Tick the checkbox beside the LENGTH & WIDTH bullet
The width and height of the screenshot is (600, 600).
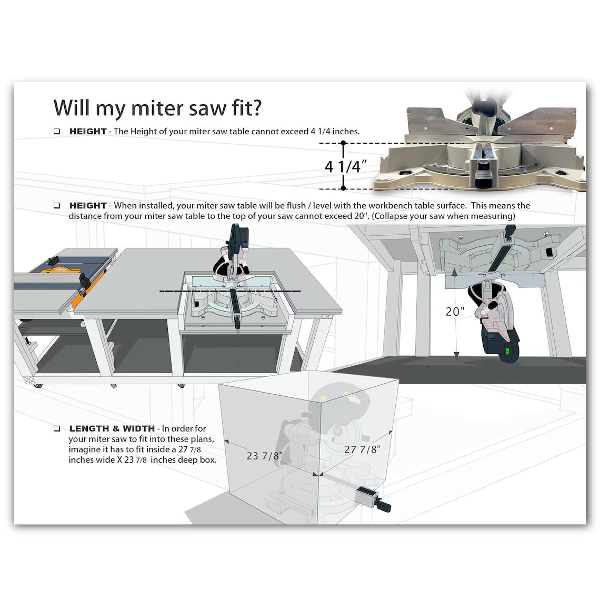click(57, 428)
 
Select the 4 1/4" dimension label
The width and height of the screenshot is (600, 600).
click(345, 166)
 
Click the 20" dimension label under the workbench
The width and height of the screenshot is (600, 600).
click(455, 312)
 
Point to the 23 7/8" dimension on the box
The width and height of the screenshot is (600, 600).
click(265, 456)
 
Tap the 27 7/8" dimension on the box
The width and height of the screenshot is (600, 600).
click(362, 449)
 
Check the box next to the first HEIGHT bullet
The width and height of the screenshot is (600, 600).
click(57, 132)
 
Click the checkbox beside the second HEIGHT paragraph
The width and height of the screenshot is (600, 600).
click(57, 206)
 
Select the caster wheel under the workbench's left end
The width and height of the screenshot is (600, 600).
click(37, 385)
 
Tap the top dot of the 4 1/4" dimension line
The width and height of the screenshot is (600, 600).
click(343, 143)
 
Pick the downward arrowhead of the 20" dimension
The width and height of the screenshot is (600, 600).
click(456, 355)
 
